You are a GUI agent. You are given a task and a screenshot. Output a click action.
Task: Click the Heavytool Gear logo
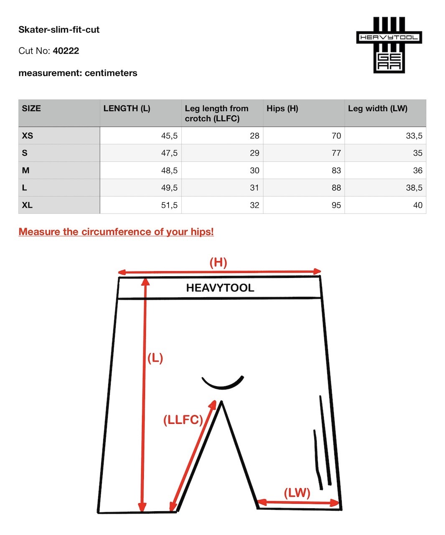pyautogui.click(x=389, y=45)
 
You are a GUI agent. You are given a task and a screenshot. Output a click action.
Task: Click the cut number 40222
pyautogui.click(x=66, y=51)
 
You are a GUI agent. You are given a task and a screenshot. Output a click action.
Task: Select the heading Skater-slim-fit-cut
pyautogui.click(x=59, y=30)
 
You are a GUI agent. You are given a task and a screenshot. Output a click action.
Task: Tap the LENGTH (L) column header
pyautogui.click(x=127, y=109)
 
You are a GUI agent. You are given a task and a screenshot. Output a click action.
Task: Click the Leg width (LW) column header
pyautogui.click(x=377, y=109)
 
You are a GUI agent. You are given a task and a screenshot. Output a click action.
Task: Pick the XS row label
pyautogui.click(x=28, y=136)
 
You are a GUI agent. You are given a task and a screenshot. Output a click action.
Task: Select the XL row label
pyautogui.click(x=27, y=205)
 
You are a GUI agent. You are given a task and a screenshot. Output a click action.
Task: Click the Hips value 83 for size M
pyautogui.click(x=336, y=171)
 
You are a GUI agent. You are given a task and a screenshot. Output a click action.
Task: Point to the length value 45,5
pyautogui.click(x=169, y=136)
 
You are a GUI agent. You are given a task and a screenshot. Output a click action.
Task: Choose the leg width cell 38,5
pyautogui.click(x=414, y=188)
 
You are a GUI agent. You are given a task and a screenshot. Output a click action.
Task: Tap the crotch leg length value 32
pyautogui.click(x=254, y=205)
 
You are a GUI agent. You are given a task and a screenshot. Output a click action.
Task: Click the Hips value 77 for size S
pyautogui.click(x=336, y=153)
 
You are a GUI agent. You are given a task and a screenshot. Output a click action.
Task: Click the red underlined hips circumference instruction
pyautogui.click(x=116, y=232)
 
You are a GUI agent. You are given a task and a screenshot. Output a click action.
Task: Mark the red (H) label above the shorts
pyautogui.click(x=218, y=262)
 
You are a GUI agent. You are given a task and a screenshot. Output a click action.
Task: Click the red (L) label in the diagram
pyautogui.click(x=155, y=358)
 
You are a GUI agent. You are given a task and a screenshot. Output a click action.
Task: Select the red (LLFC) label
pyautogui.click(x=183, y=420)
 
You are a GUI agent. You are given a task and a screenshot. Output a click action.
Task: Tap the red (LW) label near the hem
pyautogui.click(x=297, y=493)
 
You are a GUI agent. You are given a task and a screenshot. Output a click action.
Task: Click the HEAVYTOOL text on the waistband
pyautogui.click(x=220, y=288)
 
